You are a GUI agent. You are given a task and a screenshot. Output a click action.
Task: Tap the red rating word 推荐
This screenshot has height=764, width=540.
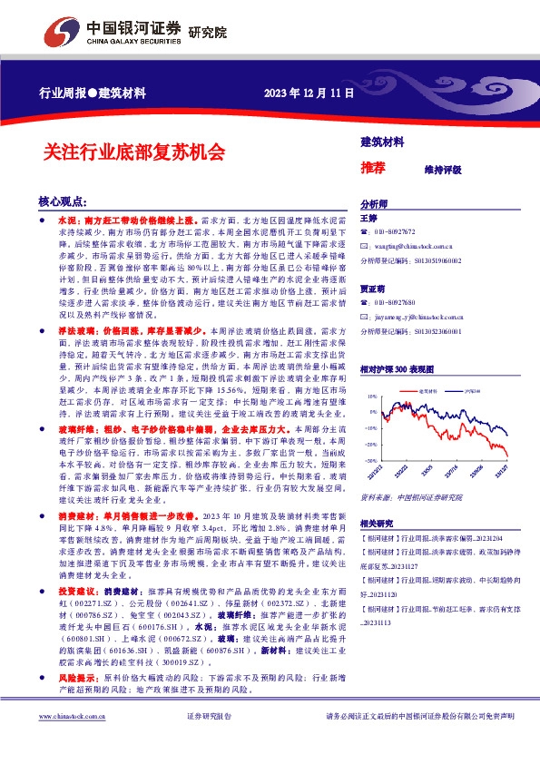(374, 167)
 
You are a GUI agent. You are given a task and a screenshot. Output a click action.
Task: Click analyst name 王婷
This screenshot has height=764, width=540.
(369, 219)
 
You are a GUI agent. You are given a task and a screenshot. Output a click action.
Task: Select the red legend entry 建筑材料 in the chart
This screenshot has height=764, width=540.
(429, 391)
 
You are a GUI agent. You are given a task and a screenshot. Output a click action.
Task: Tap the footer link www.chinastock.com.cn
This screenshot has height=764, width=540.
(67, 742)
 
